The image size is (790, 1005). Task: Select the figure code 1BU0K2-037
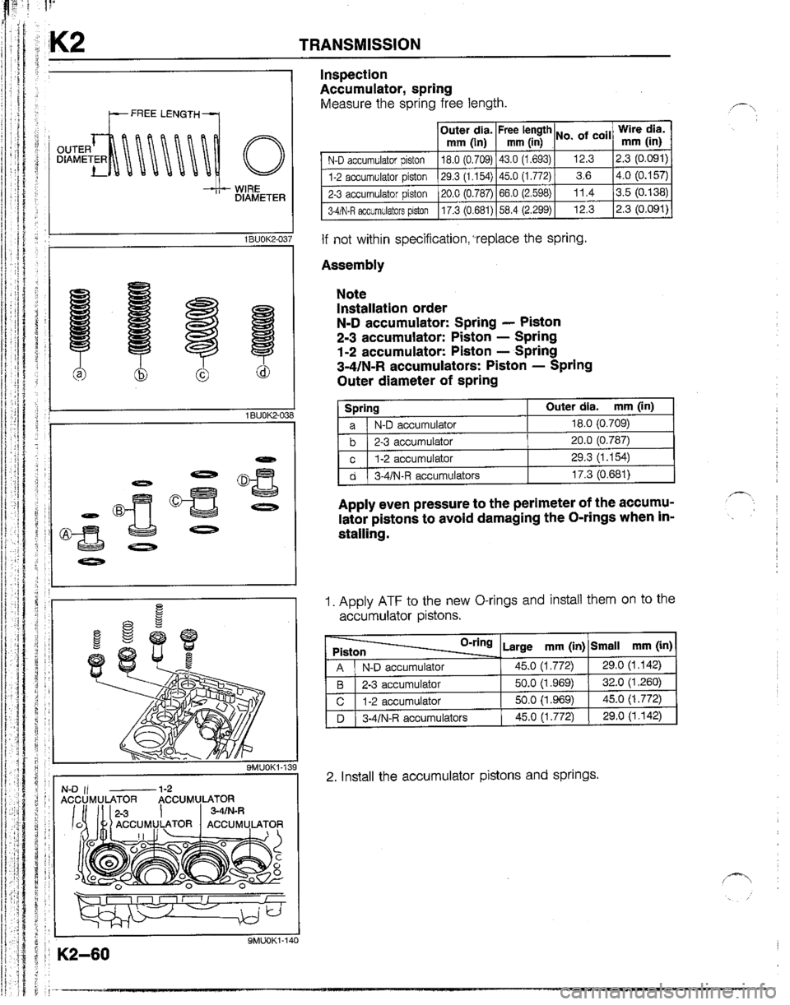(259, 239)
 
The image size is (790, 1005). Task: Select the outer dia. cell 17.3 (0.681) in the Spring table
(598, 472)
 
